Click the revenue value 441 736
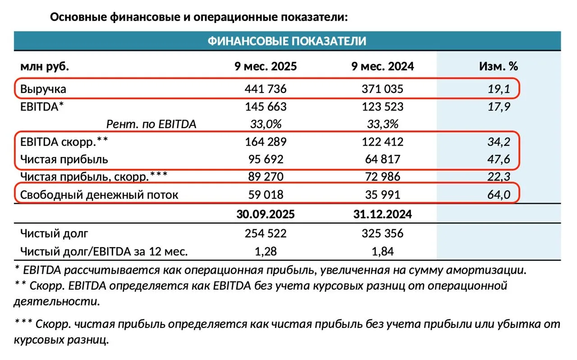pyautogui.click(x=265, y=89)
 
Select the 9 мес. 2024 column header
pyautogui.click(x=383, y=66)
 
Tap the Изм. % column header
pyautogui.click(x=498, y=66)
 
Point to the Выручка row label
pyautogui.click(x=43, y=89)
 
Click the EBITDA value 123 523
pyautogui.click(x=383, y=107)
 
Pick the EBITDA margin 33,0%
pyautogui.click(x=265, y=124)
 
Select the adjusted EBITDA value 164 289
pyautogui.click(x=265, y=142)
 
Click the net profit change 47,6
pyautogui.click(x=499, y=159)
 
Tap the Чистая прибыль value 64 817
pyautogui.click(x=383, y=159)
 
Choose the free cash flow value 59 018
pyautogui.click(x=265, y=195)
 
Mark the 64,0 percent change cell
pyautogui.click(x=499, y=195)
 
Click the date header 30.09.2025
pyautogui.click(x=265, y=214)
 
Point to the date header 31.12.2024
pyautogui.click(x=383, y=214)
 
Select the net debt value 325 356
pyautogui.click(x=383, y=234)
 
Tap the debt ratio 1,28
pyautogui.click(x=265, y=251)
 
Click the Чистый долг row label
pyautogui.click(x=55, y=234)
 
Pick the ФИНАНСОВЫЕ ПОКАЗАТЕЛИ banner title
pyautogui.click(x=287, y=41)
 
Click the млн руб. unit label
pyautogui.click(x=45, y=66)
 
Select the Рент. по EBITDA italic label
pyautogui.click(x=151, y=124)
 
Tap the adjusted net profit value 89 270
pyautogui.click(x=265, y=177)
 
